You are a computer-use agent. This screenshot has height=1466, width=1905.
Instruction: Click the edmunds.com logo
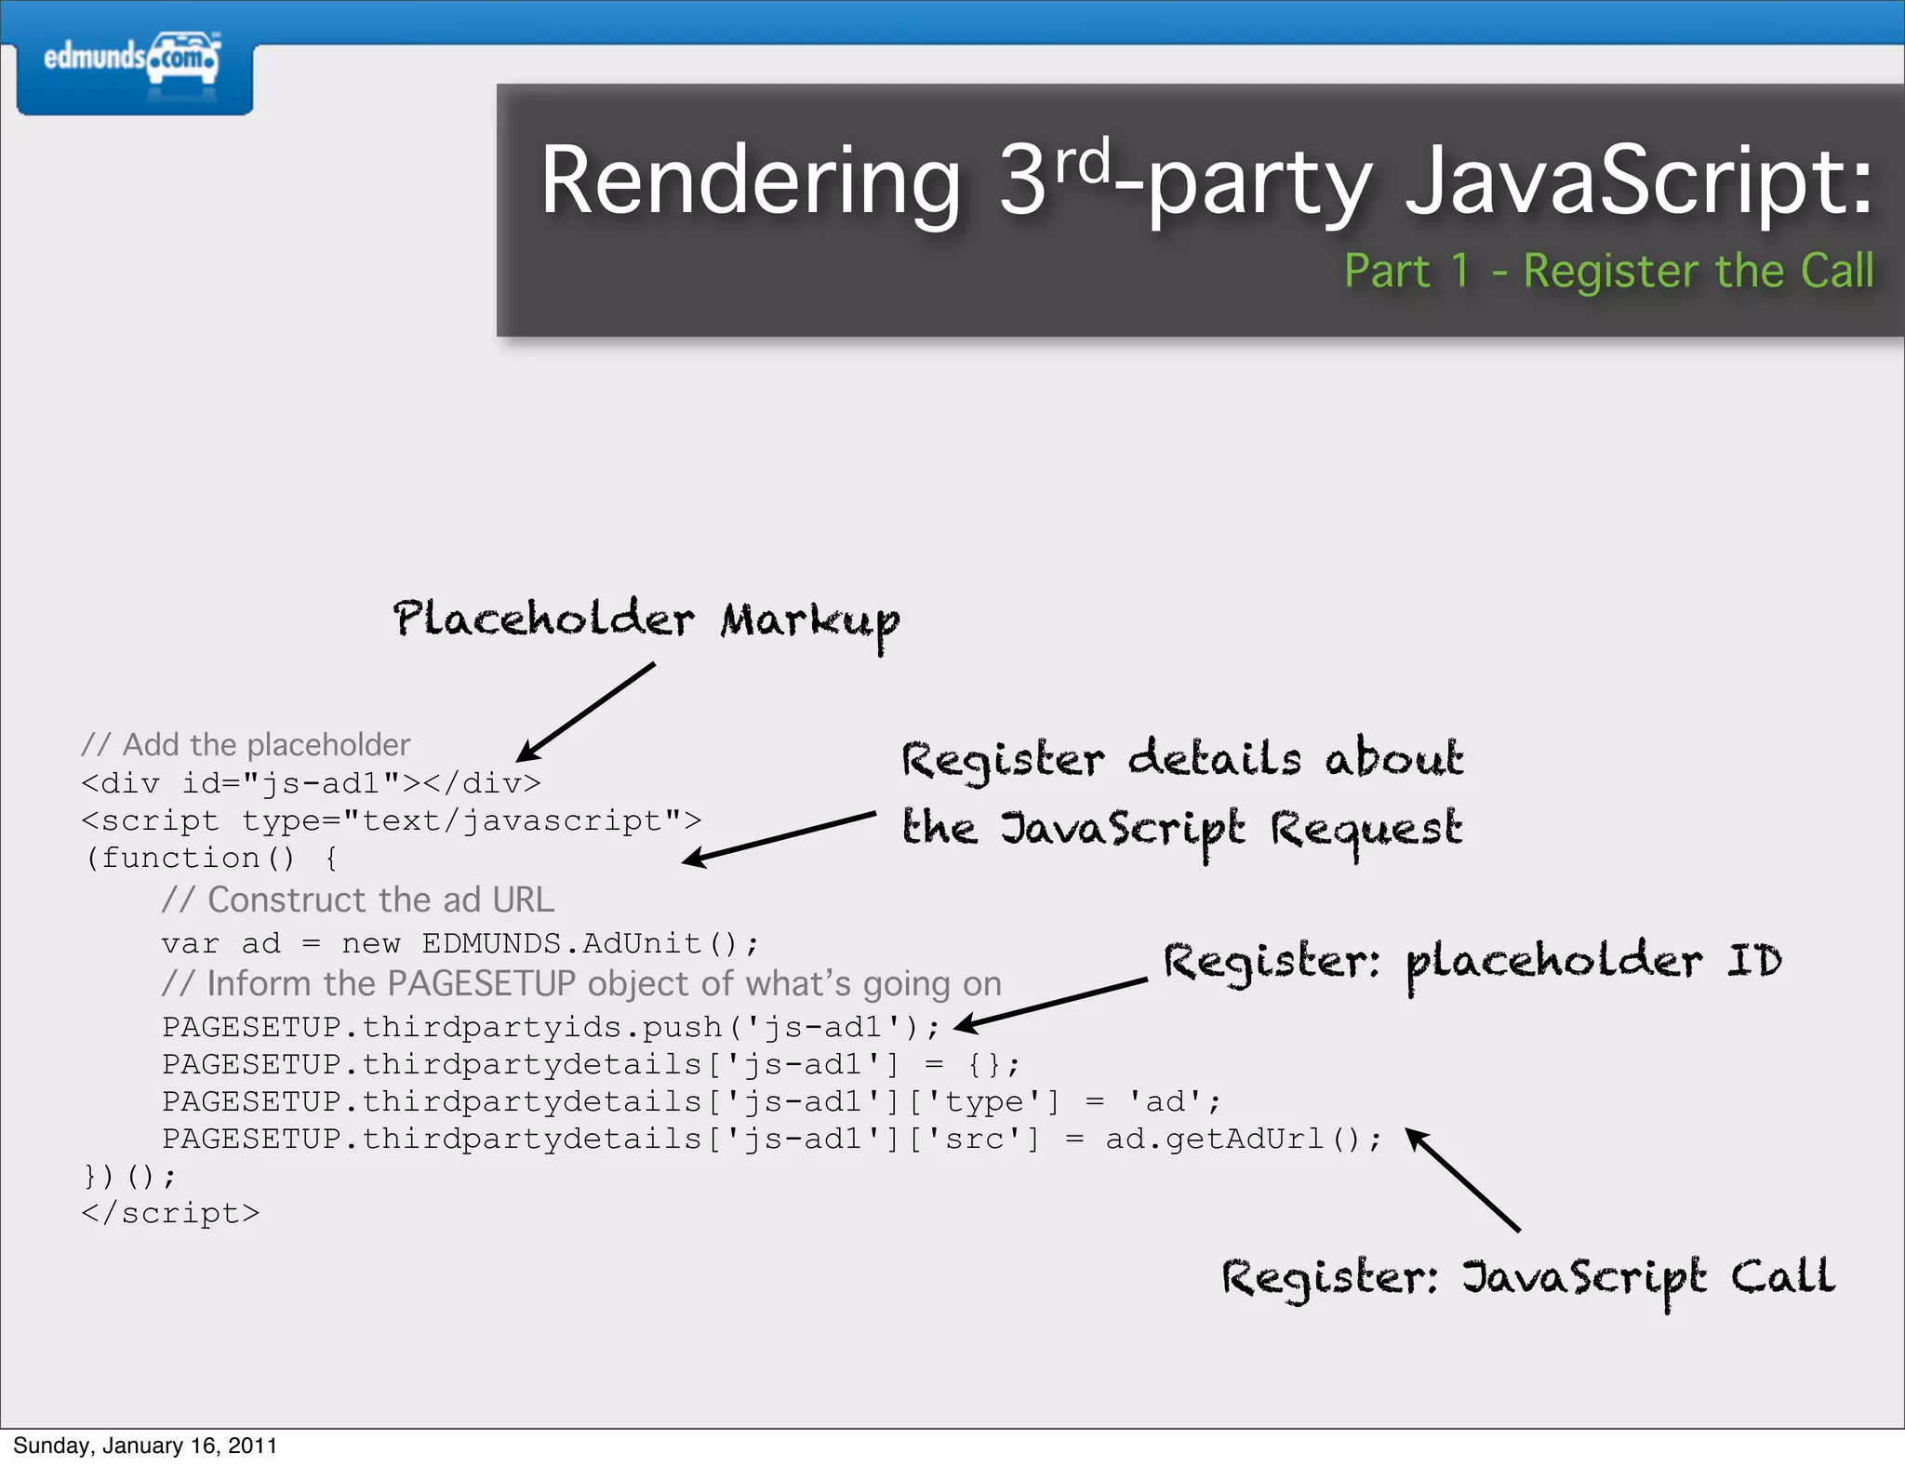point(133,60)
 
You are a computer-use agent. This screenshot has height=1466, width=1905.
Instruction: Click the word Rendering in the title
point(750,181)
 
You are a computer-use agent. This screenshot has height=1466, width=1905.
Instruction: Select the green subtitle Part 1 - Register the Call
point(1608,272)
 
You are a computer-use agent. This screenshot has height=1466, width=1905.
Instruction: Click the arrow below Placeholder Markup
point(586,712)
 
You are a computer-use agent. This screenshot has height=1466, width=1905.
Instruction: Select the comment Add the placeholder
point(246,745)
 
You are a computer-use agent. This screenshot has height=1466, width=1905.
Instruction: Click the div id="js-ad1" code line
point(311,783)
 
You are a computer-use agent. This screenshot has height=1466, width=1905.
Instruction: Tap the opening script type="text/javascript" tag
point(391,821)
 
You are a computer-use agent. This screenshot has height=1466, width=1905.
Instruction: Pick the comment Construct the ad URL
point(357,900)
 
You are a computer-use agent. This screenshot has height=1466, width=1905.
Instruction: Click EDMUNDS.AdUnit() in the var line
point(590,944)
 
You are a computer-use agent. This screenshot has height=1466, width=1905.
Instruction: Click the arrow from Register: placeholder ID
point(1051,1004)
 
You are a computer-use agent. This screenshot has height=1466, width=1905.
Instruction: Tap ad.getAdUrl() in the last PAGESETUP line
point(1243,1139)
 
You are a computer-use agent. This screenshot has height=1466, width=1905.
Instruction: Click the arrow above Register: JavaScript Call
point(1462,1179)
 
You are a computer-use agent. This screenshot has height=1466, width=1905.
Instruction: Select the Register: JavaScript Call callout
point(1527,1278)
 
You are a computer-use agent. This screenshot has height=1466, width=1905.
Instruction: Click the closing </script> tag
point(171,1214)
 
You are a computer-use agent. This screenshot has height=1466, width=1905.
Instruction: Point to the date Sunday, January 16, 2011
point(145,1446)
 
